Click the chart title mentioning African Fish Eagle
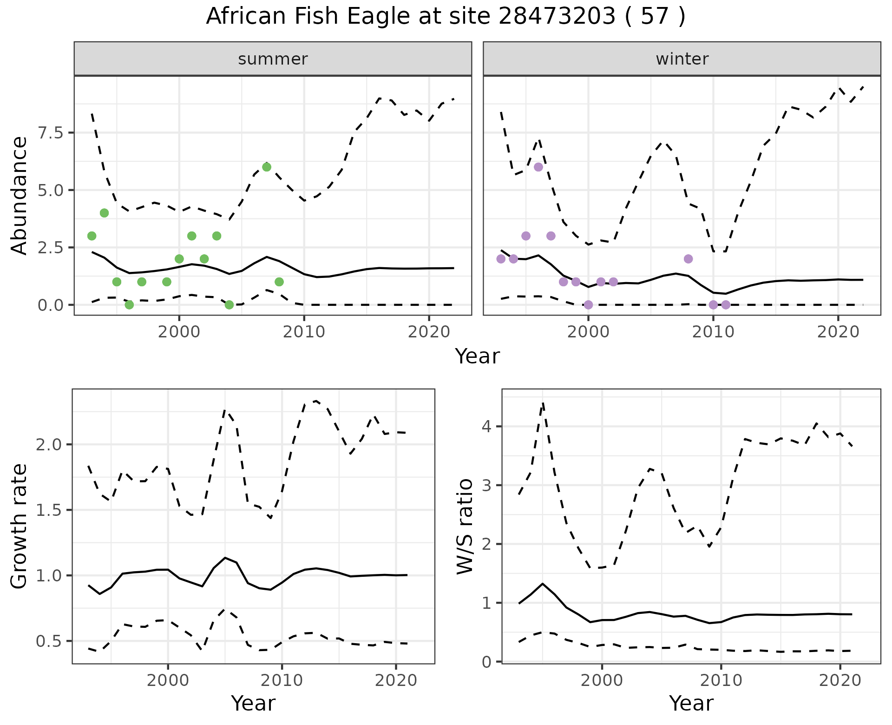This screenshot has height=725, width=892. [446, 17]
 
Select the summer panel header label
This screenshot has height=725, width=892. [273, 59]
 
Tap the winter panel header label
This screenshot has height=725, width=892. [682, 59]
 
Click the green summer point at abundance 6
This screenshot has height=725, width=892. [266, 167]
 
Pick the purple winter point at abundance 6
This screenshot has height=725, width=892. [538, 167]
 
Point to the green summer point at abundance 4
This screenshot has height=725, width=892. [104, 213]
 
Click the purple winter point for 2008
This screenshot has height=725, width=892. [688, 259]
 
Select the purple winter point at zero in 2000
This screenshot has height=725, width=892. [588, 305]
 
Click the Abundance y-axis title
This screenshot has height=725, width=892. [20, 195]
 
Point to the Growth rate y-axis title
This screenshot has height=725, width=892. [20, 526]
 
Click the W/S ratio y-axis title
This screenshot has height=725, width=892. [465, 526]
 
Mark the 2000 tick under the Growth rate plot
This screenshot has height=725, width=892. [168, 681]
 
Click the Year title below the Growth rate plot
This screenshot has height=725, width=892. [253, 703]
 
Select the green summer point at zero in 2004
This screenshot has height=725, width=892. [229, 305]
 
